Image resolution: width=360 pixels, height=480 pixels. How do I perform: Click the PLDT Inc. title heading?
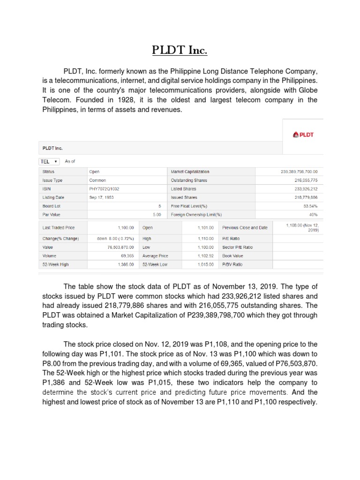click(x=180, y=50)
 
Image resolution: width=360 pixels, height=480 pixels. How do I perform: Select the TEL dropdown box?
click(x=49, y=161)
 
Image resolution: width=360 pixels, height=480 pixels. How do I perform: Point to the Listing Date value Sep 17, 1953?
click(x=102, y=197)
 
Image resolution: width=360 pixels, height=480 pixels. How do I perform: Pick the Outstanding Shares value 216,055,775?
click(x=306, y=180)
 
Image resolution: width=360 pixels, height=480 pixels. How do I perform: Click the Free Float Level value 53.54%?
click(x=310, y=206)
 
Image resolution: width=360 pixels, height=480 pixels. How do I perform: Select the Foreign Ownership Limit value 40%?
click(x=313, y=214)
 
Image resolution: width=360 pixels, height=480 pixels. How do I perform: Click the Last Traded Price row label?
click(x=59, y=228)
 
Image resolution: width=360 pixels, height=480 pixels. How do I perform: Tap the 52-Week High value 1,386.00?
click(x=124, y=264)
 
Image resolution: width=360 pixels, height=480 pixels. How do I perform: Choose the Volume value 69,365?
click(x=127, y=256)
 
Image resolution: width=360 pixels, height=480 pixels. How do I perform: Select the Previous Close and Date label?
click(x=245, y=228)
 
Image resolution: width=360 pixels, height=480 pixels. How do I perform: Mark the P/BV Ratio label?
click(x=232, y=264)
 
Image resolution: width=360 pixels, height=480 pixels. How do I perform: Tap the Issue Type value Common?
click(x=97, y=180)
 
